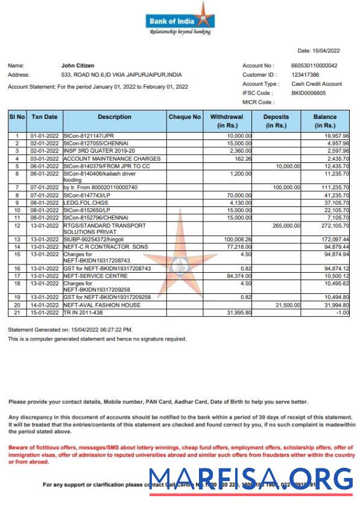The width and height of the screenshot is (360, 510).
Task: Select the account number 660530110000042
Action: pos(314,66)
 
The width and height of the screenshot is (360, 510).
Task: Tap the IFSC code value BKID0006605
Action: pos(308,93)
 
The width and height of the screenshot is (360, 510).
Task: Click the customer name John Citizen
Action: pos(78,66)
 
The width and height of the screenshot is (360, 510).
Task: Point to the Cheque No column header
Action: pos(185,117)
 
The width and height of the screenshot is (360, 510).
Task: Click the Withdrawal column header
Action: pos(226,121)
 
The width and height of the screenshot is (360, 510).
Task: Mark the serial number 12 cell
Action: pos(17,225)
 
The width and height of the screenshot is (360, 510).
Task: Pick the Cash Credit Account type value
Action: pos(316,84)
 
